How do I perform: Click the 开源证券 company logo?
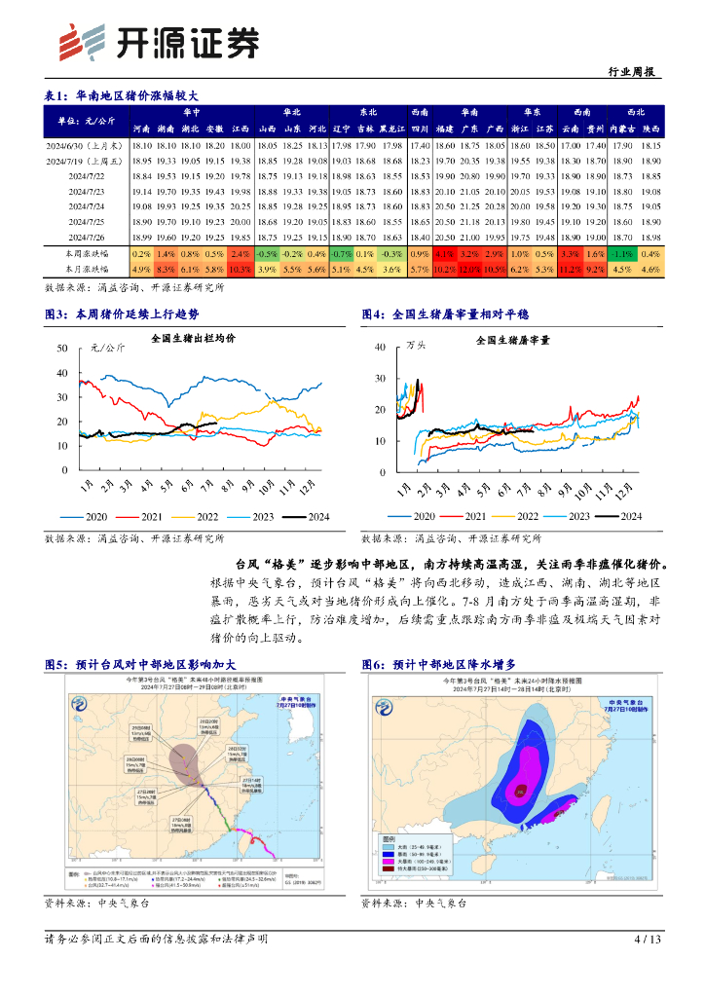[x=161, y=42]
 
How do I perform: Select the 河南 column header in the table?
[x=141, y=129]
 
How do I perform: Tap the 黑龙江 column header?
[x=392, y=129]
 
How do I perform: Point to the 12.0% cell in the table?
[x=469, y=269]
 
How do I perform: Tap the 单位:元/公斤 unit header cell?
[x=87, y=121]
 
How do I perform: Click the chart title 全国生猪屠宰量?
[x=512, y=341]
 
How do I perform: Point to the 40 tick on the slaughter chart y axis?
[x=380, y=347]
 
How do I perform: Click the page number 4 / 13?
[x=648, y=940]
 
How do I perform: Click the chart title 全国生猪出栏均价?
[x=193, y=338]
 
